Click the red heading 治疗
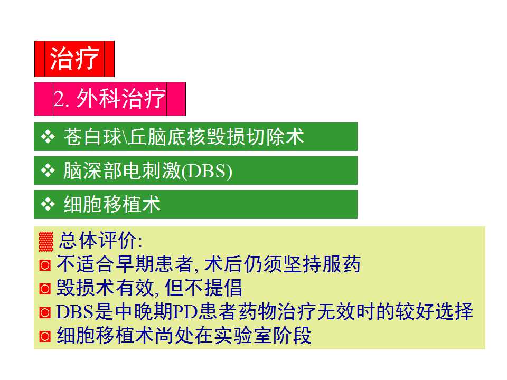[x=74, y=59]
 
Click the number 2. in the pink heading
[x=63, y=99]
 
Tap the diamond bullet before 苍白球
[x=48, y=137]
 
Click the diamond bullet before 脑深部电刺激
[x=48, y=171]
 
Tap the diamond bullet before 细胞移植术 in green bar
[x=48, y=204]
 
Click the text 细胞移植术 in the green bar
[x=112, y=204]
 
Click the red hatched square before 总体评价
[x=46, y=242]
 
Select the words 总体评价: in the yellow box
[x=100, y=241]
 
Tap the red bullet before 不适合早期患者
[x=45, y=265]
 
